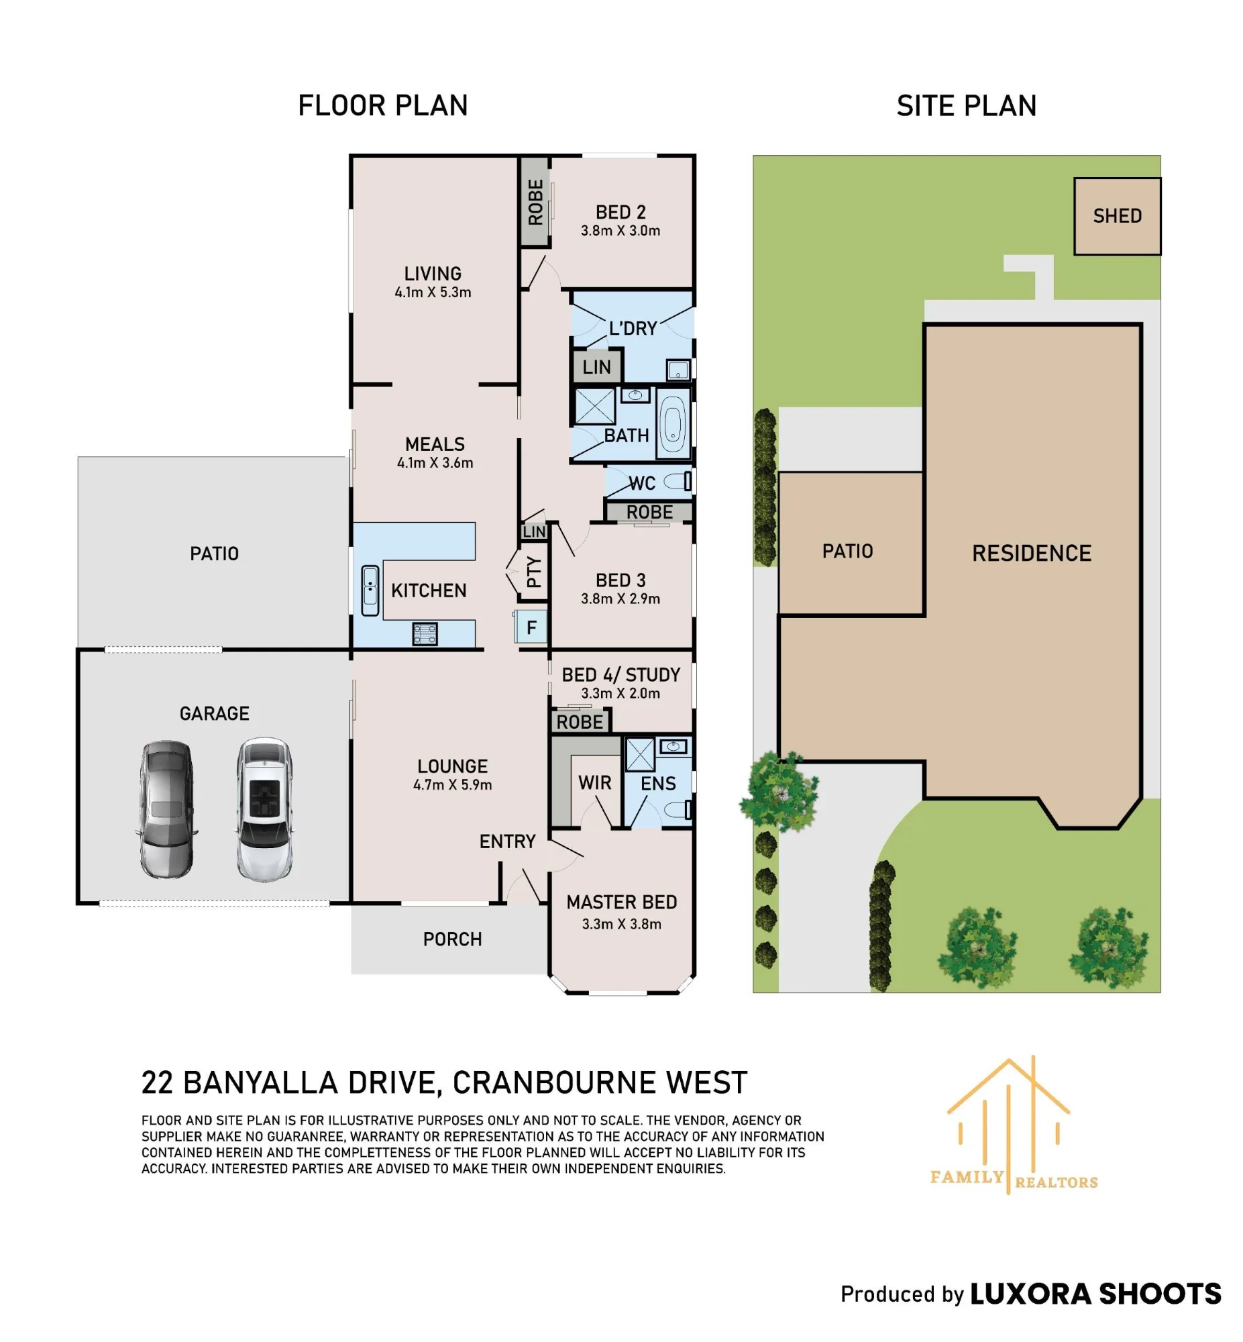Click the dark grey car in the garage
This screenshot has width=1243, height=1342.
(x=167, y=809)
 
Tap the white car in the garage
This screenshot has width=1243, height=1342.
(x=265, y=809)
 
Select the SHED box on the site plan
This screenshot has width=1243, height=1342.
(x=1117, y=216)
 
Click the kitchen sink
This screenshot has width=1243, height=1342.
(x=370, y=590)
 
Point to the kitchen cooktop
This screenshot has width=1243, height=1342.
(x=425, y=634)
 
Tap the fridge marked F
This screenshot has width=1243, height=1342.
(x=531, y=627)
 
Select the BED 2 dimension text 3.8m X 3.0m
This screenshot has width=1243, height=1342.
(x=620, y=231)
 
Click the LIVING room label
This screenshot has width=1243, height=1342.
(x=433, y=274)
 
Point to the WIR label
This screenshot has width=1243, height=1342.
(x=594, y=782)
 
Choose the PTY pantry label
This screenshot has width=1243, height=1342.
(x=533, y=572)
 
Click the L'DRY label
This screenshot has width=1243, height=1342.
(x=633, y=328)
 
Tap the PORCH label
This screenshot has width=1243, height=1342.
(x=452, y=939)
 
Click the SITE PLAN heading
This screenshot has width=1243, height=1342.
(x=966, y=105)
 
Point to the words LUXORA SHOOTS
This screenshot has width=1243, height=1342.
(x=1095, y=1294)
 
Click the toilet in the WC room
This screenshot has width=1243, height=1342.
(x=678, y=481)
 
